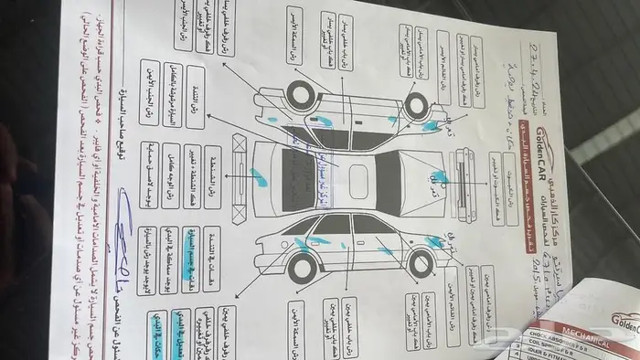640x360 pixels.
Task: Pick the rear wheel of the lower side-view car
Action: click(301, 268)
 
